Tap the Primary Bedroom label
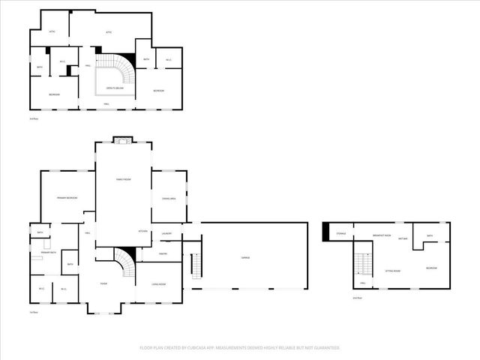pyautogui.click(x=67, y=197)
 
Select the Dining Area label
pyautogui.click(x=168, y=198)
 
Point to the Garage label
pyautogui.click(x=245, y=258)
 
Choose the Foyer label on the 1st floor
pyautogui.click(x=105, y=283)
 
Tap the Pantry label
pyautogui.click(x=163, y=253)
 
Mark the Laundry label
pyautogui.click(x=166, y=234)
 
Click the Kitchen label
pyautogui.click(x=142, y=231)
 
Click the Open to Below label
pyautogui.click(x=115, y=88)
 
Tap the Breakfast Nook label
pyautogui.click(x=382, y=235)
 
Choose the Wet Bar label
pyautogui.click(x=403, y=239)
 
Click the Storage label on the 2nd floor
pyautogui.click(x=341, y=234)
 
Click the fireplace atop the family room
pyautogui.click(x=122, y=139)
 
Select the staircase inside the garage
pyautogui.click(x=197, y=265)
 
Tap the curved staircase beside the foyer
pyautogui.click(x=124, y=262)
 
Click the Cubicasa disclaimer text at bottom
pyautogui.click(x=239, y=348)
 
